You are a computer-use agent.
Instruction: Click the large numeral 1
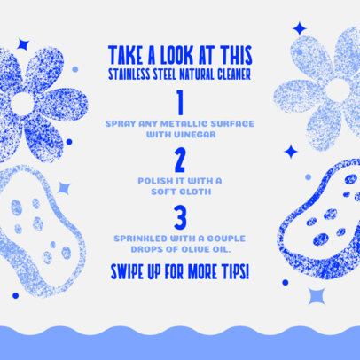181,103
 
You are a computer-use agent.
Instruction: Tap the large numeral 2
181,161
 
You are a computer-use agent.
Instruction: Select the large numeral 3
181,218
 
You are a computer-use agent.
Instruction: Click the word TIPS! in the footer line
232,268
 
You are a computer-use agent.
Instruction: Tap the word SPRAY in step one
120,122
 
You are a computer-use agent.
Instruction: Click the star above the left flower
23,43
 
